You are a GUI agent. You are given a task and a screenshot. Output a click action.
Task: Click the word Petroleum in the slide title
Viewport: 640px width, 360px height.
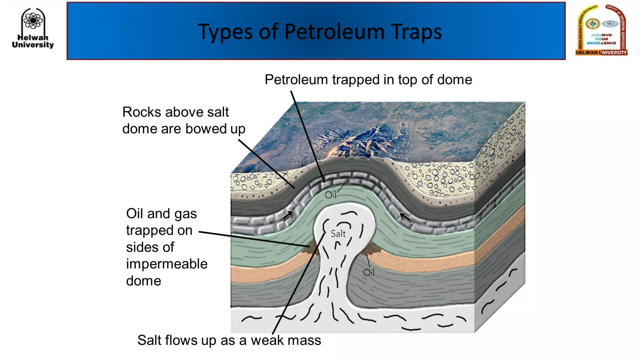334,32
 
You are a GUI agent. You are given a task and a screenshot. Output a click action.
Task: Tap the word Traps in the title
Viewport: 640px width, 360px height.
416,32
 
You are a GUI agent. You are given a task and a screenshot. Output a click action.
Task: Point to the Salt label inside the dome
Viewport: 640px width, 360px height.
338,234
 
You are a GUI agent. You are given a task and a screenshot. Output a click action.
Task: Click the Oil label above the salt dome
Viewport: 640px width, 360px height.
330,195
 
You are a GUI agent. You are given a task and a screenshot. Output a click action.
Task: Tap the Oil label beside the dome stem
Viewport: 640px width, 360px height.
369,272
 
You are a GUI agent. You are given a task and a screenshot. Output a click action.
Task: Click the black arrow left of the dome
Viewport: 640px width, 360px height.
288,215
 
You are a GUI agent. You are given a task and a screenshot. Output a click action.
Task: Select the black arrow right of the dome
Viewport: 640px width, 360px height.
405,216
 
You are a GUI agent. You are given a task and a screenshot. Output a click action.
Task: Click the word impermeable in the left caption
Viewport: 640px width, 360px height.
167,264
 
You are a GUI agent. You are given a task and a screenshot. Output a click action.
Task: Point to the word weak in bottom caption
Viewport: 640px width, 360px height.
266,340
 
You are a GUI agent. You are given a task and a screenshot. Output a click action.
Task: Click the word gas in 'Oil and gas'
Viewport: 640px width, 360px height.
185,214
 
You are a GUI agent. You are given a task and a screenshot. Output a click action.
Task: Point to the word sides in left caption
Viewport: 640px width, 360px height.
150,247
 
